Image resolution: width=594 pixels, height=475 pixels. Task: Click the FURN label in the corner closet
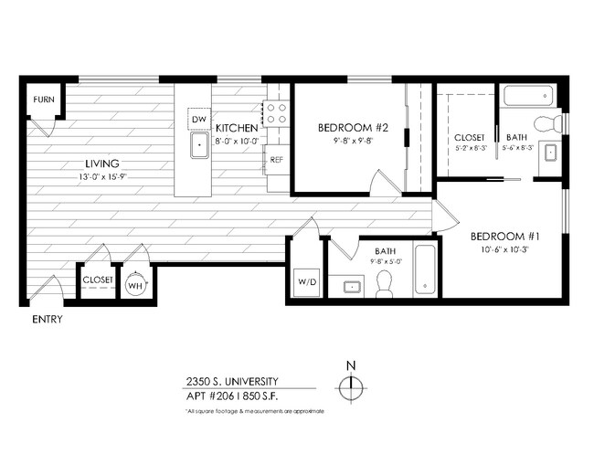[x=42, y=99]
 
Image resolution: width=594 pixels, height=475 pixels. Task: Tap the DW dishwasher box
[x=198, y=119]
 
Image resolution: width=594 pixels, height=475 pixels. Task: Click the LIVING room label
[x=102, y=164]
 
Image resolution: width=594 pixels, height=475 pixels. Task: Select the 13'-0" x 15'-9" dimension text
[x=102, y=176]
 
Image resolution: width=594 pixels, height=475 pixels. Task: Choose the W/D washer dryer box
[x=305, y=281]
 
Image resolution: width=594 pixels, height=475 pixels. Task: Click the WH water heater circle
[x=135, y=285]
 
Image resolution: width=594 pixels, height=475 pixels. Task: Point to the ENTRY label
[x=47, y=321]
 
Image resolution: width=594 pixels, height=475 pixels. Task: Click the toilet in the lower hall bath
[x=385, y=285]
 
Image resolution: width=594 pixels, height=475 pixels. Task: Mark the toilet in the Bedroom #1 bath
[x=548, y=123]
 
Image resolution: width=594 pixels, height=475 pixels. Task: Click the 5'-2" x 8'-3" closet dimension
[x=471, y=147]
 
